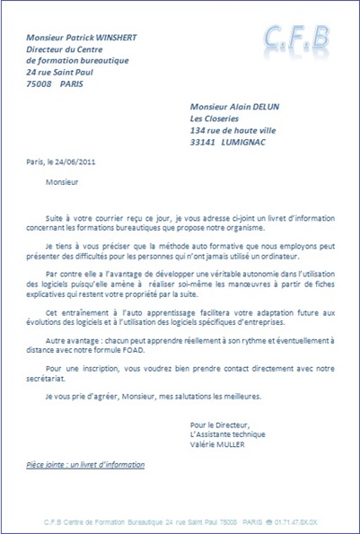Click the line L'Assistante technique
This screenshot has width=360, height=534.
pos(227,433)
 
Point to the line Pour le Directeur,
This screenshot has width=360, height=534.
pos(220,424)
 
